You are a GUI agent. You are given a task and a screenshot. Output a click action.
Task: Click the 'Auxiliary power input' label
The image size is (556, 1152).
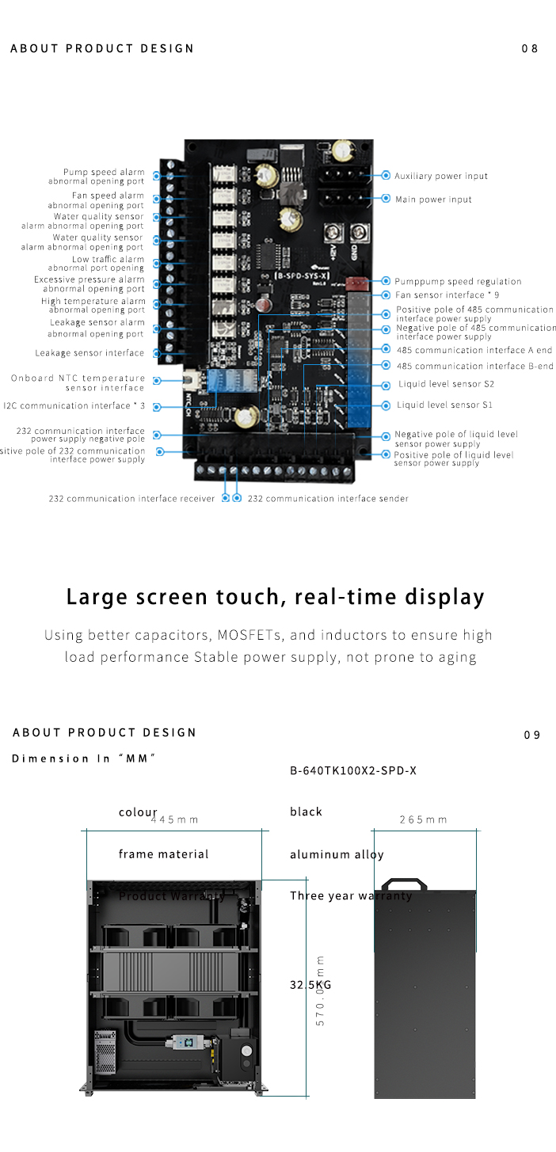tap(441, 176)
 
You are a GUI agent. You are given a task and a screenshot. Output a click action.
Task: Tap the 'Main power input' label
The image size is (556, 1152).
tap(433, 200)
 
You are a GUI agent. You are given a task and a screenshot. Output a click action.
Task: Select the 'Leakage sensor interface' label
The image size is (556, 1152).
tap(89, 353)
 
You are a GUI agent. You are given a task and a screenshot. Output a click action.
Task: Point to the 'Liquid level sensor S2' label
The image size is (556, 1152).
tap(445, 385)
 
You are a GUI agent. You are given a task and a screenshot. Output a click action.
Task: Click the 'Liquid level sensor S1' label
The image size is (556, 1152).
tap(444, 405)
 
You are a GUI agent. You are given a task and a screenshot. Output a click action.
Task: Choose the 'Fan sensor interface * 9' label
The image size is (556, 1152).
tap(447, 295)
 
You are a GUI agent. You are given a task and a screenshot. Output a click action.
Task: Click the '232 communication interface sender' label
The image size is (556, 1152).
tap(328, 499)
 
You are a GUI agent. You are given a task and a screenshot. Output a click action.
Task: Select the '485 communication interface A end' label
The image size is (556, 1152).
tap(474, 350)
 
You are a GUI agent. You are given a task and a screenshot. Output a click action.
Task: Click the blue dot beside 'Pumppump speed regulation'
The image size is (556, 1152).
tap(386, 281)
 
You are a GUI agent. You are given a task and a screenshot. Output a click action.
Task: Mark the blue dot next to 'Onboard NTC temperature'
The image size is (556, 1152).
tap(157, 381)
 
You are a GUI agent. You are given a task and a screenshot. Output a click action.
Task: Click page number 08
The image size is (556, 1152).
tap(530, 49)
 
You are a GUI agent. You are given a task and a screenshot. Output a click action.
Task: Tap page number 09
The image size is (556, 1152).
tap(532, 736)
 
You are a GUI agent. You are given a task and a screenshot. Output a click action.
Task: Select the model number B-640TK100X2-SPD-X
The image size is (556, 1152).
tap(353, 770)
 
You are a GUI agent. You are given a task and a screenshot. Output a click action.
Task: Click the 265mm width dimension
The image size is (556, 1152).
tap(423, 819)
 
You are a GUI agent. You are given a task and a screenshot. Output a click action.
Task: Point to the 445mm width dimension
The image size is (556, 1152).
tap(174, 819)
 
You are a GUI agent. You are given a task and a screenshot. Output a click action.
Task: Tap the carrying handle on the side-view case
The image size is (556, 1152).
tap(404, 883)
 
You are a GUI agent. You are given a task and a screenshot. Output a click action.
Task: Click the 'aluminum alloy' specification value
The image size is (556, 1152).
tap(337, 854)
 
